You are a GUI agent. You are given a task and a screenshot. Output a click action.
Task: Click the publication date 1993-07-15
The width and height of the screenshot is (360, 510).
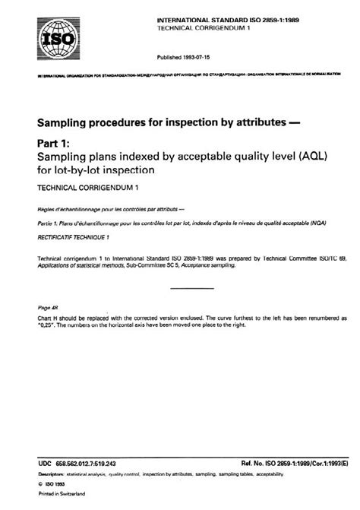pyautogui.click(x=186, y=56)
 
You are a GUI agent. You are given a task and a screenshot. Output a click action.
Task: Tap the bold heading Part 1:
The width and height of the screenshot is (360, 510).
pyautogui.click(x=57, y=142)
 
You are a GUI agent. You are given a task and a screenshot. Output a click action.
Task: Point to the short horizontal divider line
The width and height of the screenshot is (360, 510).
pyautogui.click(x=192, y=288)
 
